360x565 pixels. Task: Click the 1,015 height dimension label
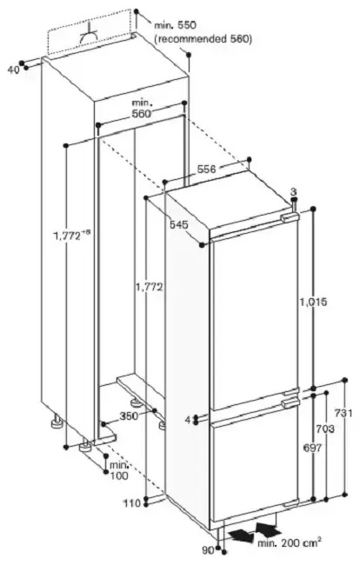click(313, 302)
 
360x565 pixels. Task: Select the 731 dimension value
click(343, 413)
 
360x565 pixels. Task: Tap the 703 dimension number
click(324, 429)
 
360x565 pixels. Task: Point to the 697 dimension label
click(312, 447)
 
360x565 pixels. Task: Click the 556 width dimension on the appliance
click(206, 169)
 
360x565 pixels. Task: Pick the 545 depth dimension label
click(179, 224)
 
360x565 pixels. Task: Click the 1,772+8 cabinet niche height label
click(71, 236)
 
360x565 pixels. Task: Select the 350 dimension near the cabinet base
click(129, 415)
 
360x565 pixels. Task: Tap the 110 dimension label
click(132, 503)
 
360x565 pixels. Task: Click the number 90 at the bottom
click(207, 550)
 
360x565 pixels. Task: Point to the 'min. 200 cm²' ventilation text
click(289, 542)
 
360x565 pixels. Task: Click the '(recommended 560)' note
click(203, 38)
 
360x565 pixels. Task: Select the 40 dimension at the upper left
click(13, 70)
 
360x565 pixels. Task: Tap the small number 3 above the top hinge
click(293, 191)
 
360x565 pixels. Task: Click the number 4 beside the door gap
click(188, 420)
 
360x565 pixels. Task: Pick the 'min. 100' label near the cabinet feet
click(119, 470)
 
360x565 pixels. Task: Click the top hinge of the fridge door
click(290, 217)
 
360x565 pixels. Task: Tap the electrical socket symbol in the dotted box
click(89, 36)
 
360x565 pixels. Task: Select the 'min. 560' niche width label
click(141, 108)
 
